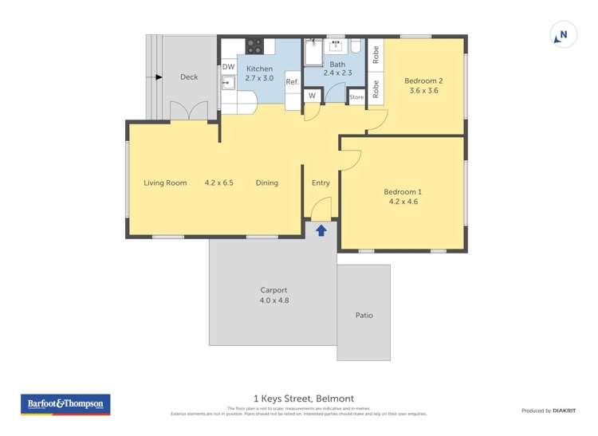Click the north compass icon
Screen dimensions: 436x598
tap(561, 35)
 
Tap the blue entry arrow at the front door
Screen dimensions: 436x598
tap(321, 230)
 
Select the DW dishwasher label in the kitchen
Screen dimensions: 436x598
tap(228, 67)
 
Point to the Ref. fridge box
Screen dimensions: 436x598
tap(292, 81)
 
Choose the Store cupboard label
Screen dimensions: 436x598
tap(356, 97)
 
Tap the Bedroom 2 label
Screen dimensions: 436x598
tap(423, 81)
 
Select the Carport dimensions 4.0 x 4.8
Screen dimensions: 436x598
tap(273, 300)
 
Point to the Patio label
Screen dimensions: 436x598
tap(364, 315)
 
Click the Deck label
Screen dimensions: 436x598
tap(189, 77)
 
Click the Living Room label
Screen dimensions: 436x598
tap(165, 183)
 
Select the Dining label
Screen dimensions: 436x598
tap(267, 183)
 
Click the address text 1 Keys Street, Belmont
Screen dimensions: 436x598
tap(303, 399)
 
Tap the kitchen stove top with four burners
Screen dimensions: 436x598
tap(254, 46)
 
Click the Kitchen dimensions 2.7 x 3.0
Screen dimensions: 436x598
tap(259, 78)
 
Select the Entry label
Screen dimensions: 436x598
tap(321, 183)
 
